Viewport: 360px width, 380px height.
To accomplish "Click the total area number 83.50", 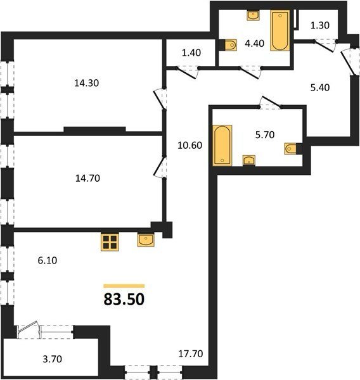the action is pos(124,299).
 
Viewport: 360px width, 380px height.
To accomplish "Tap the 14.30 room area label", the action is pos(87,83).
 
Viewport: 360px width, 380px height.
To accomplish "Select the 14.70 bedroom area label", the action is pos(87,179).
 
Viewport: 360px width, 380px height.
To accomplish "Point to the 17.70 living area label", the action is pos(191,354).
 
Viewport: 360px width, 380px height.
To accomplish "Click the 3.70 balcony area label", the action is pos(53,359).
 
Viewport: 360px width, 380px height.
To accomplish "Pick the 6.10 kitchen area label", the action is pos(48,260).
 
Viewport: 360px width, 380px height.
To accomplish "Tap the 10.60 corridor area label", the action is pos(190,145).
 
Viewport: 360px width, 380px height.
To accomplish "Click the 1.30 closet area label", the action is pos(320,25).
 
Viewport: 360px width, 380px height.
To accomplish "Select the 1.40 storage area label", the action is pos(191,53).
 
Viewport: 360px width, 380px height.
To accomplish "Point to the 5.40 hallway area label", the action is pos(320,87).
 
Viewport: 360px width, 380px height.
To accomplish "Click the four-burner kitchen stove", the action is pos(110,243).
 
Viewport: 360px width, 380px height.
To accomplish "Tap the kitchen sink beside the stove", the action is pos(146,240).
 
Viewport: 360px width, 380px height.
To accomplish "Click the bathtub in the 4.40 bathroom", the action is pos(280,30).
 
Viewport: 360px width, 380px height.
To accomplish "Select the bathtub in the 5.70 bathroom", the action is pos(222,146).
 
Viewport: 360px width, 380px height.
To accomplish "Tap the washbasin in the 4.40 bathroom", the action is pos(254,15).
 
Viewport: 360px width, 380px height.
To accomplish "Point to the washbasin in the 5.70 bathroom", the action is pos(249,160).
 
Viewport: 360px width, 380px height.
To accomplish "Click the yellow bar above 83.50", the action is pos(124,286).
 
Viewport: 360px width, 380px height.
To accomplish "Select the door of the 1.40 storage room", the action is pos(187,73).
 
